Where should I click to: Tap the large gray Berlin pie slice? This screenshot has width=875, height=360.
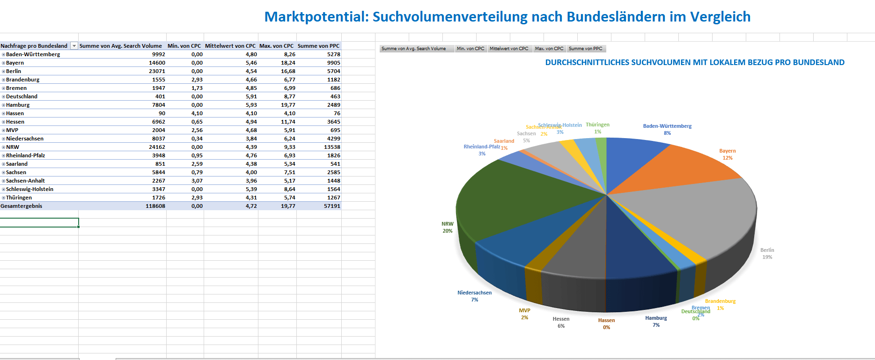(x=702, y=215)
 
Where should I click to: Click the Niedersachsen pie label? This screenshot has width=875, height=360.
(x=474, y=293)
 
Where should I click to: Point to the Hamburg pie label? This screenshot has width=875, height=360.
(x=656, y=318)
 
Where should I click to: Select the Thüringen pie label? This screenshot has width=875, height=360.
(x=597, y=125)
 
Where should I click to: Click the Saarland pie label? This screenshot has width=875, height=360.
(x=504, y=141)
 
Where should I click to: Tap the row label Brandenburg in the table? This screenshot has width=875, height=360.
(x=22, y=80)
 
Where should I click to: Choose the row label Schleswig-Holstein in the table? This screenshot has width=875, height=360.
(x=29, y=189)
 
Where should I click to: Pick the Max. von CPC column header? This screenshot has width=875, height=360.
(x=276, y=46)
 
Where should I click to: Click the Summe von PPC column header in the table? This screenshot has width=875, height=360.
(x=318, y=46)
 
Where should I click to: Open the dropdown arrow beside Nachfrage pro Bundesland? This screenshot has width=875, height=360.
(x=74, y=46)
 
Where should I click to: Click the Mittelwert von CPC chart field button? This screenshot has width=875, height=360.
(x=509, y=49)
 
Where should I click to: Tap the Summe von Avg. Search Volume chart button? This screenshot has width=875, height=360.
(x=414, y=49)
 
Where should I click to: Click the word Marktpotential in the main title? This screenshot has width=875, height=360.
(x=316, y=17)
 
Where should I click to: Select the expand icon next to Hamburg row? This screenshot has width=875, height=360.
(x=3, y=105)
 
